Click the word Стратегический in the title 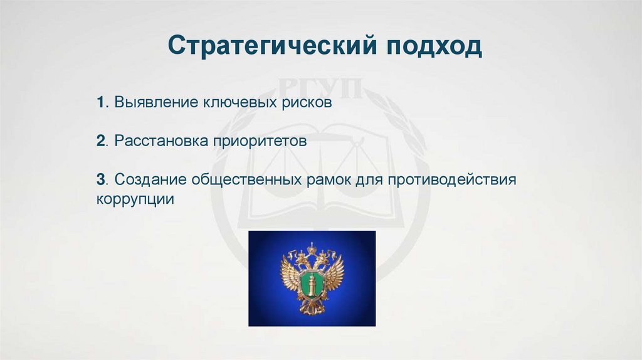pos(272,45)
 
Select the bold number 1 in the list pos(100,102)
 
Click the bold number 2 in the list pos(101,140)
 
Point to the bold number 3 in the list pos(101,179)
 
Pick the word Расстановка pos(161,141)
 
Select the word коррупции pos(135,199)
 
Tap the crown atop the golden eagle pos(312,247)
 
